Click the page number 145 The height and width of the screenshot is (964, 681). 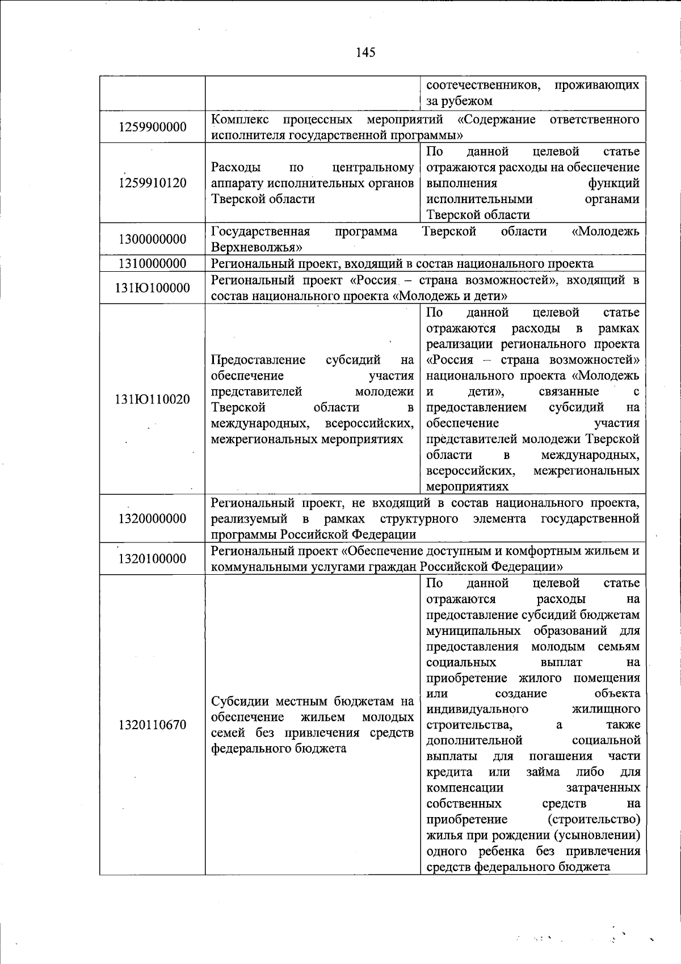pos(365,53)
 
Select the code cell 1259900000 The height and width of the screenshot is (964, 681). pos(153,127)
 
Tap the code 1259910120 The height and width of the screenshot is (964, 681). pos(153,183)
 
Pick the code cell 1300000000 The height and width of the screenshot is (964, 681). pos(153,239)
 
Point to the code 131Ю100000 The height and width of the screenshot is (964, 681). pos(153,288)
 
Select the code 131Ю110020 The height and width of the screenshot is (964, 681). pos(153,399)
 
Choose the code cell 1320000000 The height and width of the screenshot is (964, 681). pos(153,519)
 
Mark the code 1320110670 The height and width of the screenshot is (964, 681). pos(153,725)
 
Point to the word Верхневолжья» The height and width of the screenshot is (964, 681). pos(256,247)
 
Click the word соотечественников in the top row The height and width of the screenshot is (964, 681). pos(483,86)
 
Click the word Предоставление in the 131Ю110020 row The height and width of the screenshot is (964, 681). pos(258,360)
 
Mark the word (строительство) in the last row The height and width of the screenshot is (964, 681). pos(594,820)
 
